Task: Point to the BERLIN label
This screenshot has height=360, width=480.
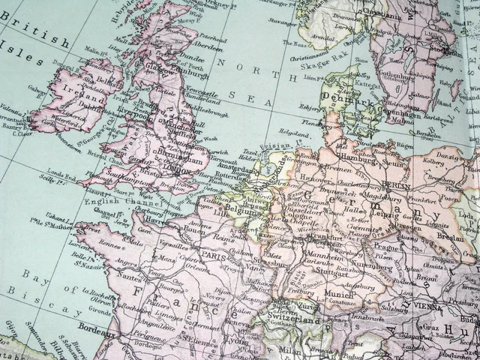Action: (395, 184)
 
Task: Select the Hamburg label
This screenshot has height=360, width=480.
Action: (356, 157)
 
